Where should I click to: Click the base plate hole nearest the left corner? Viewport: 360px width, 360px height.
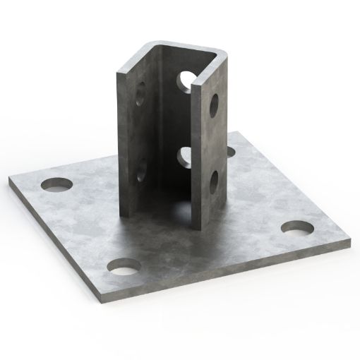click(x=57, y=184)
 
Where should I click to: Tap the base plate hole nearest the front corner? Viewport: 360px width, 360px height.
click(x=124, y=267)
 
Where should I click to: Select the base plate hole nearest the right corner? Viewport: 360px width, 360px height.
click(x=296, y=229)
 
